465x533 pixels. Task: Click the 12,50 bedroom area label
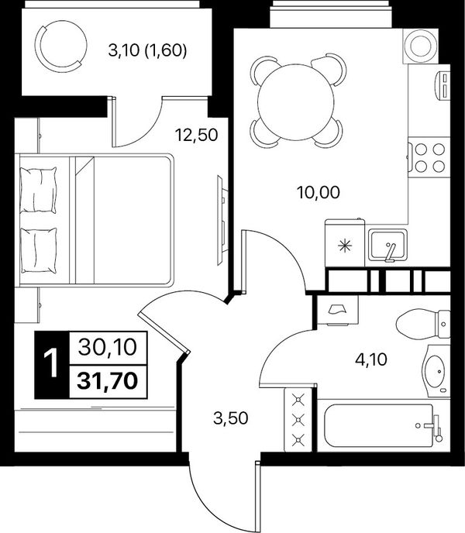[196, 135]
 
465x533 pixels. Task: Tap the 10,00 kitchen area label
[319, 193]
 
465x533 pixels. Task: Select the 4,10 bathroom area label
[371, 359]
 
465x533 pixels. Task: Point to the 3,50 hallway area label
[231, 418]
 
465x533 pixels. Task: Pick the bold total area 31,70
[108, 380]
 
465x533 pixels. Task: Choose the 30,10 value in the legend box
[108, 347]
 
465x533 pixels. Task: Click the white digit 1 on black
[52, 364]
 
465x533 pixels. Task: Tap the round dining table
[296, 101]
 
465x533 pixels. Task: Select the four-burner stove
[429, 157]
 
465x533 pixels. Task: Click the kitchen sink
[388, 246]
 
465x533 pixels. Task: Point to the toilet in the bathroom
[423, 324]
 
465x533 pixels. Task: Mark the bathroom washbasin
[436, 371]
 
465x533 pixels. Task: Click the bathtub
[384, 425]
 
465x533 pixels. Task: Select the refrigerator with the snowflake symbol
[345, 242]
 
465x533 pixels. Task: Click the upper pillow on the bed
[38, 190]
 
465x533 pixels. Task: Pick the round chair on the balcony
[61, 46]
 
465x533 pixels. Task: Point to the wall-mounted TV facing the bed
[222, 220]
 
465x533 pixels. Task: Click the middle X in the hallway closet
[298, 420]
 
